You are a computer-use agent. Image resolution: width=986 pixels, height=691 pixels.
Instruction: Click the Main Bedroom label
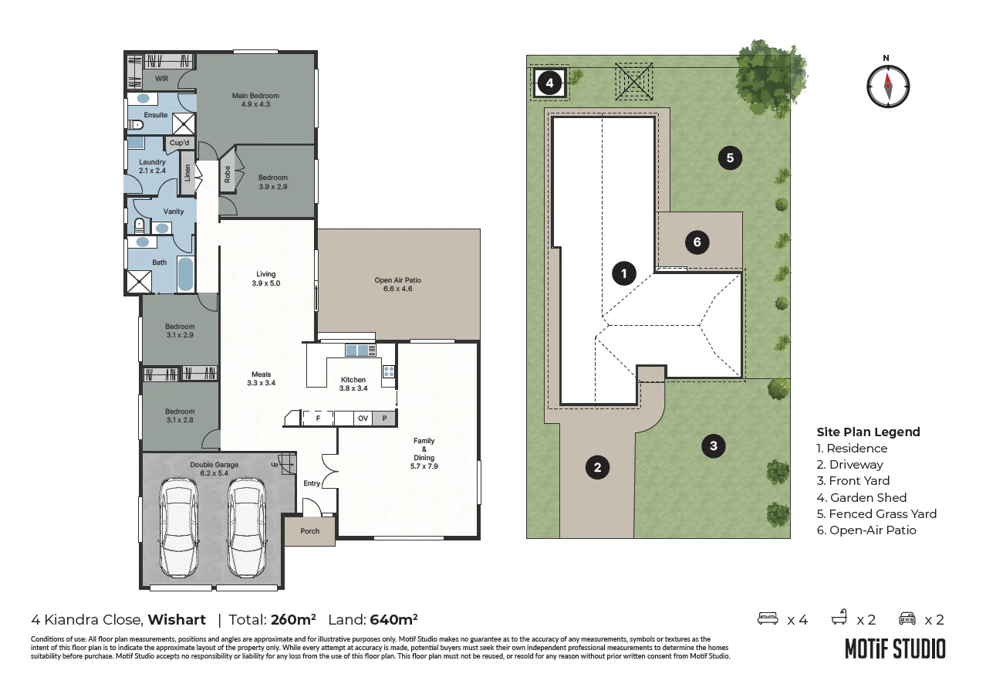[x=255, y=96]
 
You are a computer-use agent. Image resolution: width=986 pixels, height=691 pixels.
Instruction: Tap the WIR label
[x=161, y=79]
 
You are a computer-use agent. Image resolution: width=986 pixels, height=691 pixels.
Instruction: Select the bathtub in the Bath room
[x=185, y=274]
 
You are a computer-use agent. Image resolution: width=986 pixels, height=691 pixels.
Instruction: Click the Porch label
[x=310, y=531]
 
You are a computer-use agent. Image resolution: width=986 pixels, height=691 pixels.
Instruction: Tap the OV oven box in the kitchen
[x=363, y=418]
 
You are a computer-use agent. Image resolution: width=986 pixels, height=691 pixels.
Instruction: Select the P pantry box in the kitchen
[x=384, y=418]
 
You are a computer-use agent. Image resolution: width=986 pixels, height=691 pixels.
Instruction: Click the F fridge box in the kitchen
[x=318, y=418]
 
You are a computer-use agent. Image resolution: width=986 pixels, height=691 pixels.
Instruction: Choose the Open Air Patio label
[x=398, y=280]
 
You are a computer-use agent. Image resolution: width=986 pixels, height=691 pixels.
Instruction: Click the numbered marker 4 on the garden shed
[x=549, y=83]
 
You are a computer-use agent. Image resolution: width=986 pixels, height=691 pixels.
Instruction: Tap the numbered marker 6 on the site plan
[x=697, y=242]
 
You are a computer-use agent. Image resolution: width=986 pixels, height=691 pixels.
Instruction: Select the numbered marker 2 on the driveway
[x=597, y=467]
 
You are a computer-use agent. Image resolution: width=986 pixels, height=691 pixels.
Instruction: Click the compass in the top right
[x=888, y=86]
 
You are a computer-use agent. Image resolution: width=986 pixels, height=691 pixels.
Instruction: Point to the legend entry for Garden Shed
[x=862, y=498]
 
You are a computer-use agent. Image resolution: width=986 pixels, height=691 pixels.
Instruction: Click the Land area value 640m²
[x=393, y=620]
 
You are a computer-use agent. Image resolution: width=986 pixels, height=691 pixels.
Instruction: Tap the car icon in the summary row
[x=907, y=618]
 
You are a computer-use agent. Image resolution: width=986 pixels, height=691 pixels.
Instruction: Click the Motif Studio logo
[x=895, y=649]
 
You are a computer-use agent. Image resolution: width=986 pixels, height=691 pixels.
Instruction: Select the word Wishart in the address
[x=177, y=620]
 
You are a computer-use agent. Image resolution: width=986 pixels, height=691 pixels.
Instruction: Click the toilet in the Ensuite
[x=136, y=125]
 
